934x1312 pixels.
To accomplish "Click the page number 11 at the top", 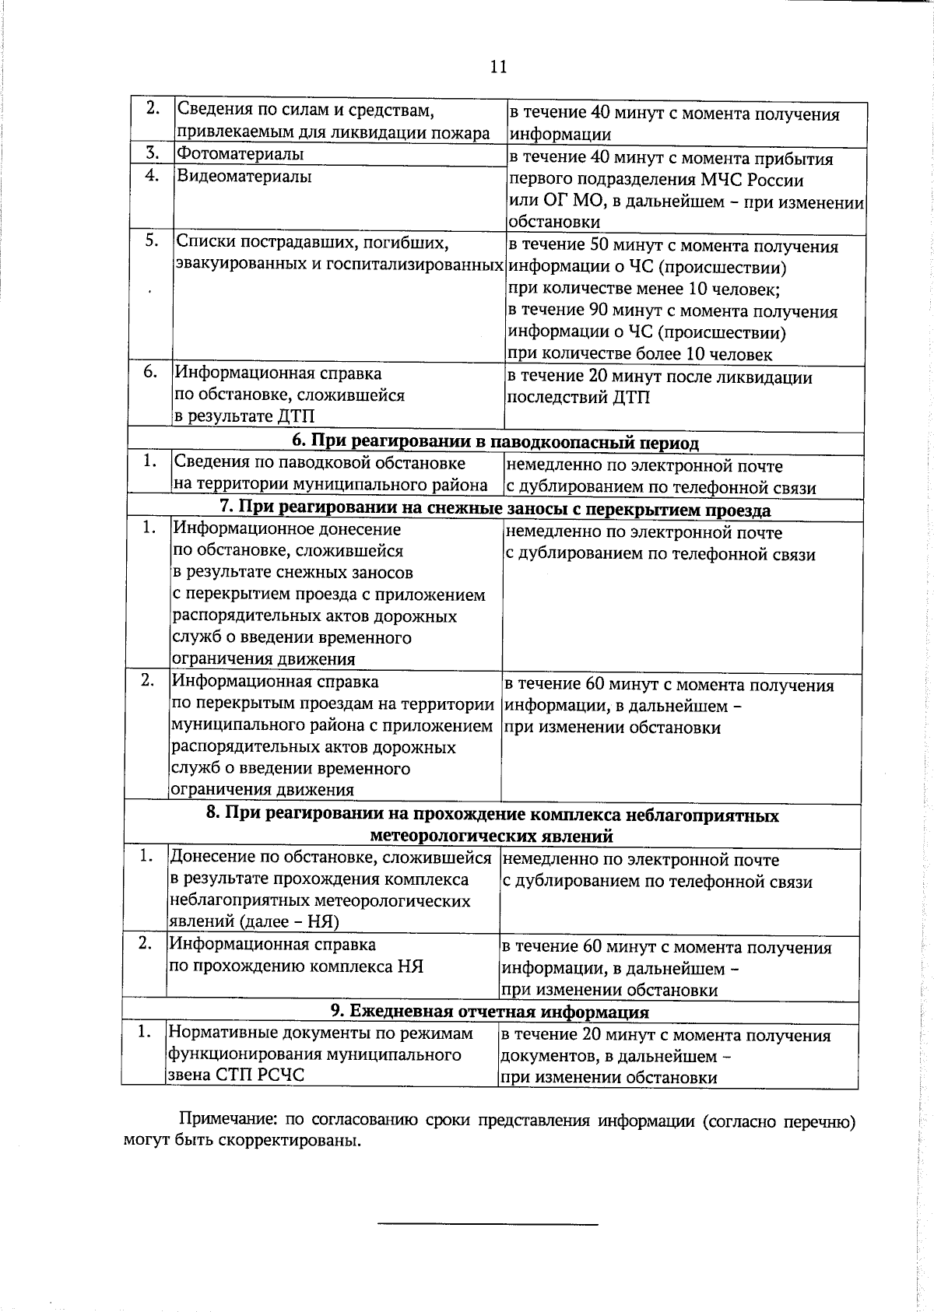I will point(498,67).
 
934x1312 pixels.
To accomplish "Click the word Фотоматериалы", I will point(240,154).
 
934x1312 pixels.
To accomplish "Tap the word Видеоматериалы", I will point(244,177).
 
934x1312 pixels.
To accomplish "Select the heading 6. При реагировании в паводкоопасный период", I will point(495,442).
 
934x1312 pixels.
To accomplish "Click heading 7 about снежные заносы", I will point(495,510).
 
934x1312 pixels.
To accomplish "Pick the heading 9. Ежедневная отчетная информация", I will point(490,1012).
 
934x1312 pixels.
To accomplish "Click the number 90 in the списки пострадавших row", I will point(599,311).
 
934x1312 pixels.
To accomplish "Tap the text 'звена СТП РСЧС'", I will point(236,1075).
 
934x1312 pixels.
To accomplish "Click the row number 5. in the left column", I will point(151,241).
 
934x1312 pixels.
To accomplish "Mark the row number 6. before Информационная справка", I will point(151,372).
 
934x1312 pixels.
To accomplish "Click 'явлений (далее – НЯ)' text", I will point(255,922).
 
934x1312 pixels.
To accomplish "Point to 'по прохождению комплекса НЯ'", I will point(296,966).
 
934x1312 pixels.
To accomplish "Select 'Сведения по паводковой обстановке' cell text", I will point(319,463).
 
